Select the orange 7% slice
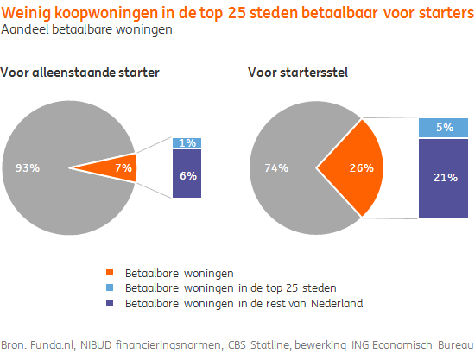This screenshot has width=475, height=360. tap(121, 167)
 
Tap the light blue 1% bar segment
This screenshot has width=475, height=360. tap(187, 142)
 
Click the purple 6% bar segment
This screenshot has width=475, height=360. tap(187, 174)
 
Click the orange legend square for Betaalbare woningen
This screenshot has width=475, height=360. tap(112, 272)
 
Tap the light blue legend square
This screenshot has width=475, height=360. tap(112, 287)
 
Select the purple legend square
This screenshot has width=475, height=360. tap(112, 302)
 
